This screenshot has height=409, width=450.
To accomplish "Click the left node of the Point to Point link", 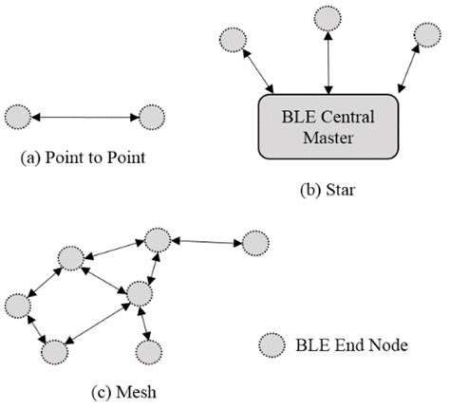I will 17,117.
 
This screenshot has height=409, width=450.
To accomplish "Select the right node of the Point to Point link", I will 151,117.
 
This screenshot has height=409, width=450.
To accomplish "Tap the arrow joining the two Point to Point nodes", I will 84,117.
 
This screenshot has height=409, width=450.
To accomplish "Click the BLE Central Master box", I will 328,126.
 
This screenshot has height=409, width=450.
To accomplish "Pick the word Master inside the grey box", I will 328,139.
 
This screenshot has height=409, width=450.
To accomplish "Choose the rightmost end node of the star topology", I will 427,35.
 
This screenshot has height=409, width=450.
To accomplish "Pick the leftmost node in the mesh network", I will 17,306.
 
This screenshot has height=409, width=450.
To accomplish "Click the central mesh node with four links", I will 140,294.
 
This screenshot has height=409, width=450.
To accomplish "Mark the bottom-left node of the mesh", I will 56,350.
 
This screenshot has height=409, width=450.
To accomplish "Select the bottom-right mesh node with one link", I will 148,351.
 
